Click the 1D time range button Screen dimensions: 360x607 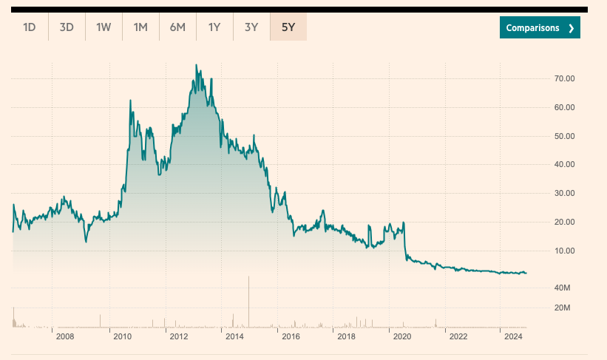30,27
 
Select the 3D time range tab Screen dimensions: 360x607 67,27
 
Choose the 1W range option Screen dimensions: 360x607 104,27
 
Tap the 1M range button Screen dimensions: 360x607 140,27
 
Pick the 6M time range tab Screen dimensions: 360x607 177,27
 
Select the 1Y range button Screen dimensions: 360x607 214,27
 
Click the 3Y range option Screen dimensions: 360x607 251,27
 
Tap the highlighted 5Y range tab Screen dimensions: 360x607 288,27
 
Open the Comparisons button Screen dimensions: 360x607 540,27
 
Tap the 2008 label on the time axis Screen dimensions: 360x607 65,337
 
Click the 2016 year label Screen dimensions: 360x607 291,337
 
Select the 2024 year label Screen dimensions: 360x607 515,337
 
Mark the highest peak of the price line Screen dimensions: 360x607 196,65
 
